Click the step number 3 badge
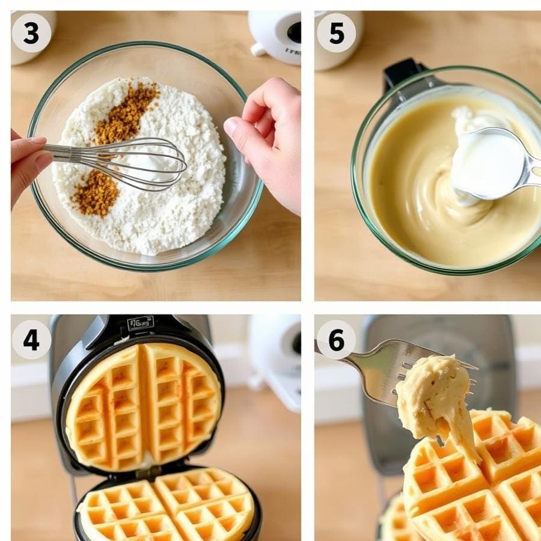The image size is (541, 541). pos(31,33)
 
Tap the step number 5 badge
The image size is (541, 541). pos(336,33)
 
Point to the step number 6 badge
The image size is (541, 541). pos(336,340)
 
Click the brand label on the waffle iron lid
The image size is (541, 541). pos(140,323)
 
